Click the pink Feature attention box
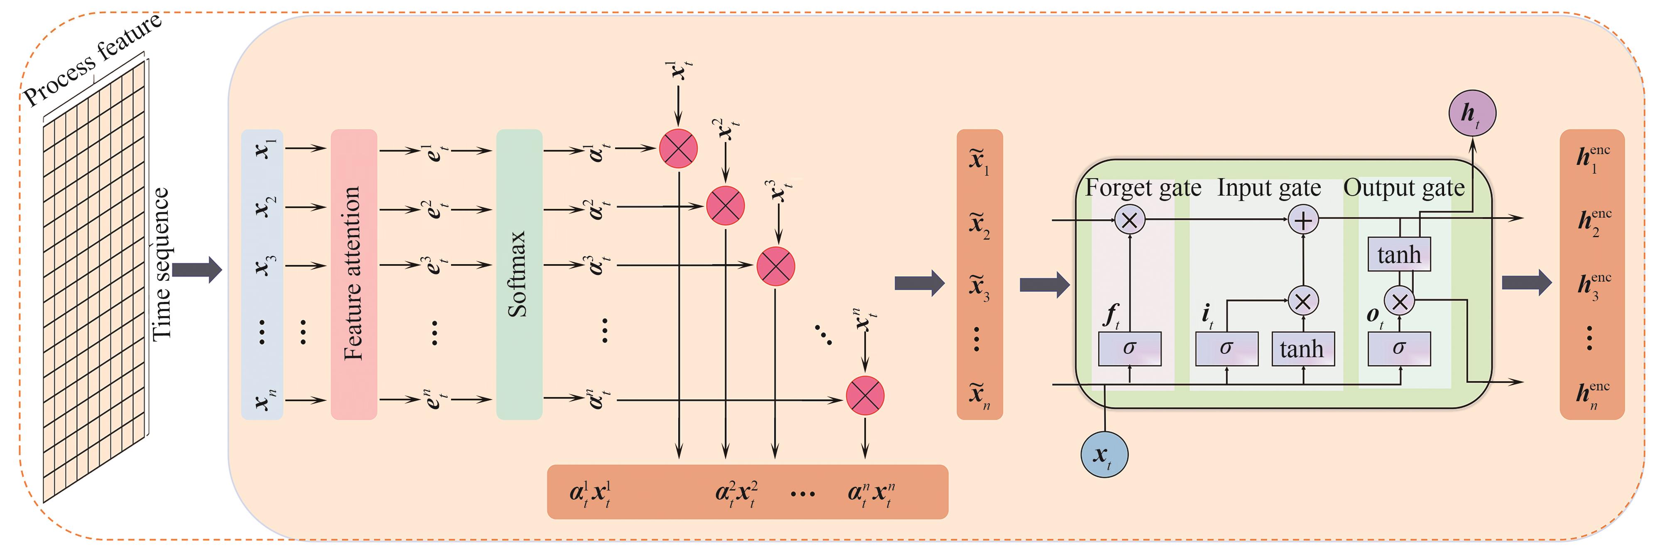click(x=353, y=274)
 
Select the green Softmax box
click(x=519, y=274)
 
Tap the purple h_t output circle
click(x=1472, y=113)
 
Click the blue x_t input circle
click(x=1104, y=455)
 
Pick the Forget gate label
click(x=1143, y=188)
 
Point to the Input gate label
click(x=1268, y=188)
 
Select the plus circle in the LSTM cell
click(x=1303, y=221)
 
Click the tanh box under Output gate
click(x=1398, y=255)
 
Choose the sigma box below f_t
click(x=1129, y=349)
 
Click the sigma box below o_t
click(x=1398, y=349)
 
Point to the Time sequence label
click(x=160, y=264)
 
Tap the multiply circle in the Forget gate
click(x=1129, y=221)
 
